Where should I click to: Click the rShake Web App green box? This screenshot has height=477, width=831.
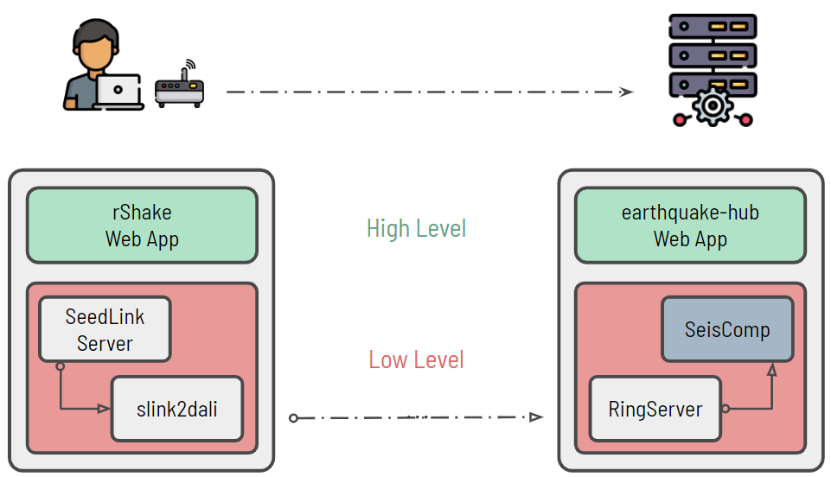pyautogui.click(x=142, y=225)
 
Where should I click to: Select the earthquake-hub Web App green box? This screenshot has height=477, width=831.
pyautogui.click(x=690, y=225)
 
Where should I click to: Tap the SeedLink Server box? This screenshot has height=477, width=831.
pyautogui.click(x=105, y=329)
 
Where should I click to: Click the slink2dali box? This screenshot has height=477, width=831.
pyautogui.click(x=176, y=409)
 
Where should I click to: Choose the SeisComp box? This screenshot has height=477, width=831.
pyautogui.click(x=726, y=329)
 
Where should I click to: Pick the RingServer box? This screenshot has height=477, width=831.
pyautogui.click(x=655, y=409)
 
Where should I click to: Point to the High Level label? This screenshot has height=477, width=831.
pyautogui.click(x=416, y=228)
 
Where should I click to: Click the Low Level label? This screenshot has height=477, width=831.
pyautogui.click(x=416, y=359)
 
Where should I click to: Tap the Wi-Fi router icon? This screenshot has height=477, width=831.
pyautogui.click(x=180, y=86)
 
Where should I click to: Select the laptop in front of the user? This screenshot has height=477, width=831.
pyautogui.click(x=118, y=91)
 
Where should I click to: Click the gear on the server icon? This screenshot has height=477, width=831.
pyautogui.click(x=713, y=107)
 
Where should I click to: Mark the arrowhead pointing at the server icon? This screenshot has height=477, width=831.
pyautogui.click(x=627, y=92)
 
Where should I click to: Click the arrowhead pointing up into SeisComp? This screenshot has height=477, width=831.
pyautogui.click(x=770, y=369)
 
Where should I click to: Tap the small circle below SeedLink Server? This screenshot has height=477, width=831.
pyautogui.click(x=60, y=366)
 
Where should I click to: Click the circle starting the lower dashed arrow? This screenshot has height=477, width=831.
pyautogui.click(x=293, y=418)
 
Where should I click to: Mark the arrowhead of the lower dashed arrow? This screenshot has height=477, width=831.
pyautogui.click(x=537, y=417)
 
